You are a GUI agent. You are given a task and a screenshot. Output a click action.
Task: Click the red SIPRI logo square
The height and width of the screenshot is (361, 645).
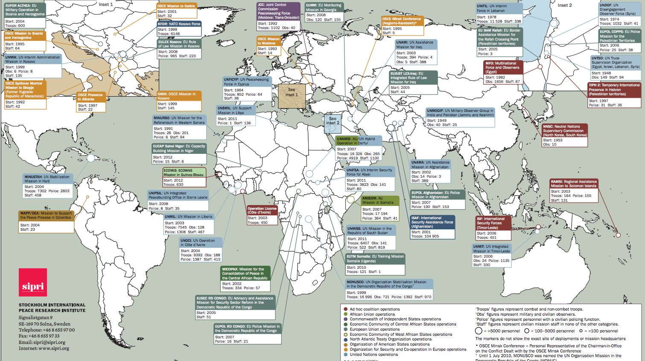tap(33, 282)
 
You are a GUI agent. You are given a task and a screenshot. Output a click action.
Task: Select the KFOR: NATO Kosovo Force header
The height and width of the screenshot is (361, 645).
tap(179, 24)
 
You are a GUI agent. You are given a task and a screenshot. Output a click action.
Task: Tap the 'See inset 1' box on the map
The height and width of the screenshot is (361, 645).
tap(292, 92)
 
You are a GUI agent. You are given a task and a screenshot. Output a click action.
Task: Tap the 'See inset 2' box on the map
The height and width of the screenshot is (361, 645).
tap(333, 121)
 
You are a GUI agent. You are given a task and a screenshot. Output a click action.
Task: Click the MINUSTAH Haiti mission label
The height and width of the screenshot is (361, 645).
tap(47, 179)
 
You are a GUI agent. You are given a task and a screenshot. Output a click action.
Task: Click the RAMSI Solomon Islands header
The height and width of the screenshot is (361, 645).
tap(574, 184)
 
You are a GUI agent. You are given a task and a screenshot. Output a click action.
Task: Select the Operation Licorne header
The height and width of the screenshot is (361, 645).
tap(262, 210)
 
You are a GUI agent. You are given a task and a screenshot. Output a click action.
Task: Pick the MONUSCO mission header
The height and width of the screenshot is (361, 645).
tap(388, 284)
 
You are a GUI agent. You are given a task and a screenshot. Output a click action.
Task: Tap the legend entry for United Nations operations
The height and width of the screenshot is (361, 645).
tap(374, 354)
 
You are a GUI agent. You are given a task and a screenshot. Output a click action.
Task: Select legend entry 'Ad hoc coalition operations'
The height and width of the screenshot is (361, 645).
tap(374, 309)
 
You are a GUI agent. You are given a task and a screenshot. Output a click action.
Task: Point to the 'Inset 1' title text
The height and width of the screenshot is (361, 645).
tap(106, 4)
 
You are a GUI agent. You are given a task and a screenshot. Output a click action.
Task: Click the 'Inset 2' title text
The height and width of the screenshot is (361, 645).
tap(564, 5)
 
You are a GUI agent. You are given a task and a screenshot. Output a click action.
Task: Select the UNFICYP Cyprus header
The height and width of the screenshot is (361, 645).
tap(247, 82)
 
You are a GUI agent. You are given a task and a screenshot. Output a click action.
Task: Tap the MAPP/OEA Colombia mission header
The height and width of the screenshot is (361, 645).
tap(47, 215)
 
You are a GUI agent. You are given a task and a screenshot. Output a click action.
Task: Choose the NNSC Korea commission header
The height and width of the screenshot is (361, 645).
tap(564, 131)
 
